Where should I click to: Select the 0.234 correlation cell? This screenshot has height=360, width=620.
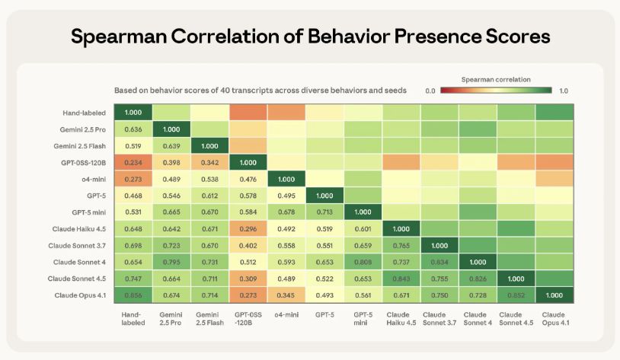[x=133, y=162]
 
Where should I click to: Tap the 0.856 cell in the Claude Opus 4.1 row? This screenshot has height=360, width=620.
[x=133, y=295]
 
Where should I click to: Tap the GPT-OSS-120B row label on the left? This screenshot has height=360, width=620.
[x=84, y=162]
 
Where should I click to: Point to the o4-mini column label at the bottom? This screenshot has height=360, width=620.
[x=287, y=314]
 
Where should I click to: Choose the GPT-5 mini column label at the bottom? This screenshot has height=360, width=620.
[x=363, y=319]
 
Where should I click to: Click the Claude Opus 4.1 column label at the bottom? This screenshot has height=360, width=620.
[x=554, y=319]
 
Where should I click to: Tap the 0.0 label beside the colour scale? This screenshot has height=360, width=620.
[x=430, y=91]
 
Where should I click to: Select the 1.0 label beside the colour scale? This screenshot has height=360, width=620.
[x=564, y=91]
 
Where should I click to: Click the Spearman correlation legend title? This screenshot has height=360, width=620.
[x=496, y=79]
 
